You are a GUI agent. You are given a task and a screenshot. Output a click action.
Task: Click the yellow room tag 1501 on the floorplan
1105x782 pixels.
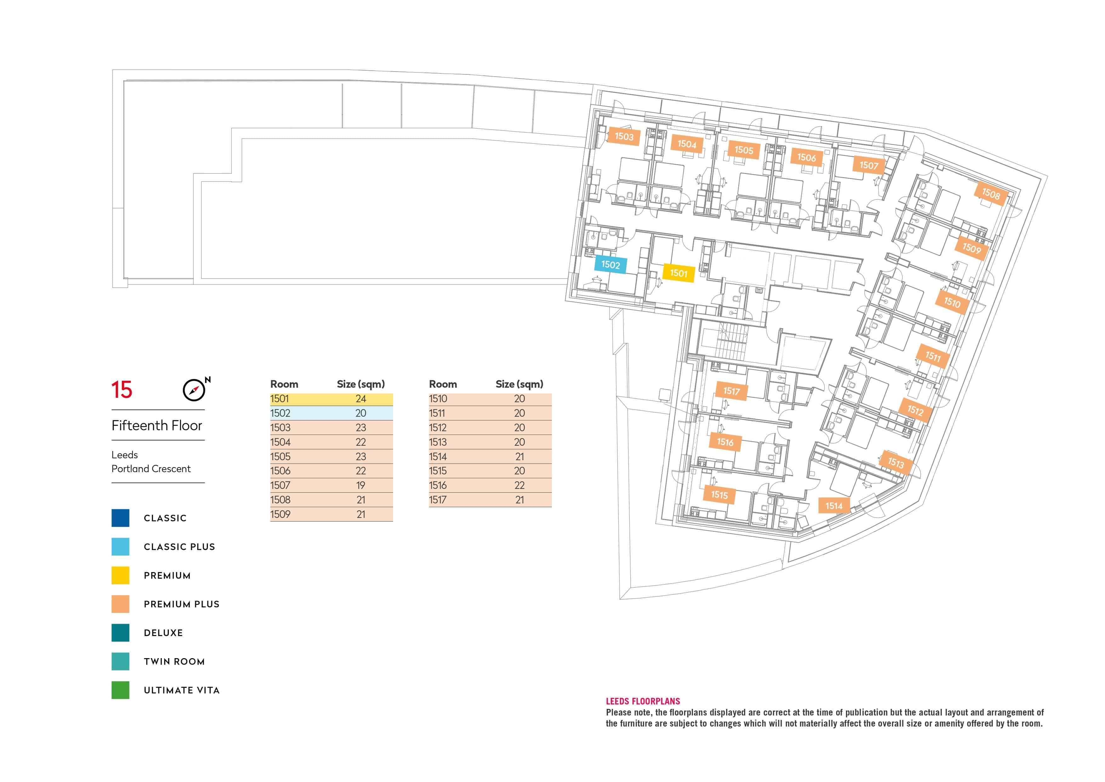[678, 273]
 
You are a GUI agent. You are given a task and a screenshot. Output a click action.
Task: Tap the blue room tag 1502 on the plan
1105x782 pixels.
[610, 264]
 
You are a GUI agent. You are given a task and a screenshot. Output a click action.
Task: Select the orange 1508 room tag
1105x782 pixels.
[990, 194]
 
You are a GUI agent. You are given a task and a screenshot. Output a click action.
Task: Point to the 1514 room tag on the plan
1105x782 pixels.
[834, 506]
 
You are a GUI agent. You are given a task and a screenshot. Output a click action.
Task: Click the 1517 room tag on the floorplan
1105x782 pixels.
[731, 391]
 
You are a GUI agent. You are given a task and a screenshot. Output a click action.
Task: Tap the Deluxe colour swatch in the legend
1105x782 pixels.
[120, 633]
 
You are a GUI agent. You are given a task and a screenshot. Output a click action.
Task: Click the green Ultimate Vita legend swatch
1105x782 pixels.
[120, 690]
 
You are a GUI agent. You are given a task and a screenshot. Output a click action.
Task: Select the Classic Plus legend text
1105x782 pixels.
[179, 547]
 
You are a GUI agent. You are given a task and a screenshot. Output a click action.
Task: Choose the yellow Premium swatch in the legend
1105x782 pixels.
[120, 576]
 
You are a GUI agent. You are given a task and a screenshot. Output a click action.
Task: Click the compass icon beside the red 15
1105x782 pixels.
[194, 390]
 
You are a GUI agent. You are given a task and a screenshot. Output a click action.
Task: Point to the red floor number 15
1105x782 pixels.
[122, 390]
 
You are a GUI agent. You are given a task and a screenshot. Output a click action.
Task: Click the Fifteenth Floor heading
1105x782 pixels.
[157, 426]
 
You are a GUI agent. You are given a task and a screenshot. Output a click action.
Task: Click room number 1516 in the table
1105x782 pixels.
[438, 485]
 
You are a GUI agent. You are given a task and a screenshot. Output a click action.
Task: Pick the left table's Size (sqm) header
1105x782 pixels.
[360, 384]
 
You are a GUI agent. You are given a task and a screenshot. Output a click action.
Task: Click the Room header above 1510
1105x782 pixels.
[443, 384]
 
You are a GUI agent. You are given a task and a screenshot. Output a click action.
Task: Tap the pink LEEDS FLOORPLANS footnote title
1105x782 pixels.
[643, 701]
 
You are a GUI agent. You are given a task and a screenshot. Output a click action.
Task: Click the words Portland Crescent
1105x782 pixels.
[151, 468]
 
